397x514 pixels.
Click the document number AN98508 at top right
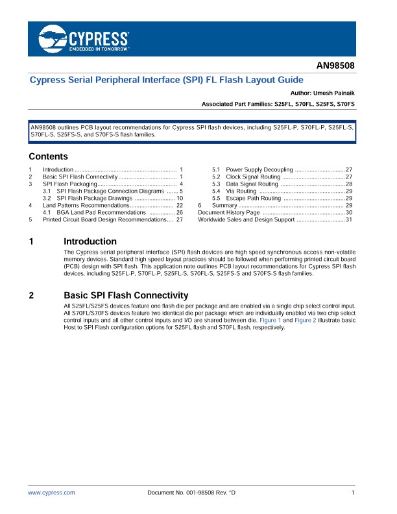click(x=335, y=66)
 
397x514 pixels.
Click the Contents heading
click(x=48, y=156)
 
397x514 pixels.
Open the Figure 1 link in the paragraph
click(x=270, y=320)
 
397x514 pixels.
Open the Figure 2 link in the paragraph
click(x=304, y=320)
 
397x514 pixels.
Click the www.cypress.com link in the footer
click(x=51, y=493)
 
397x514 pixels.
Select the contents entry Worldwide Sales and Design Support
click(x=246, y=219)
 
